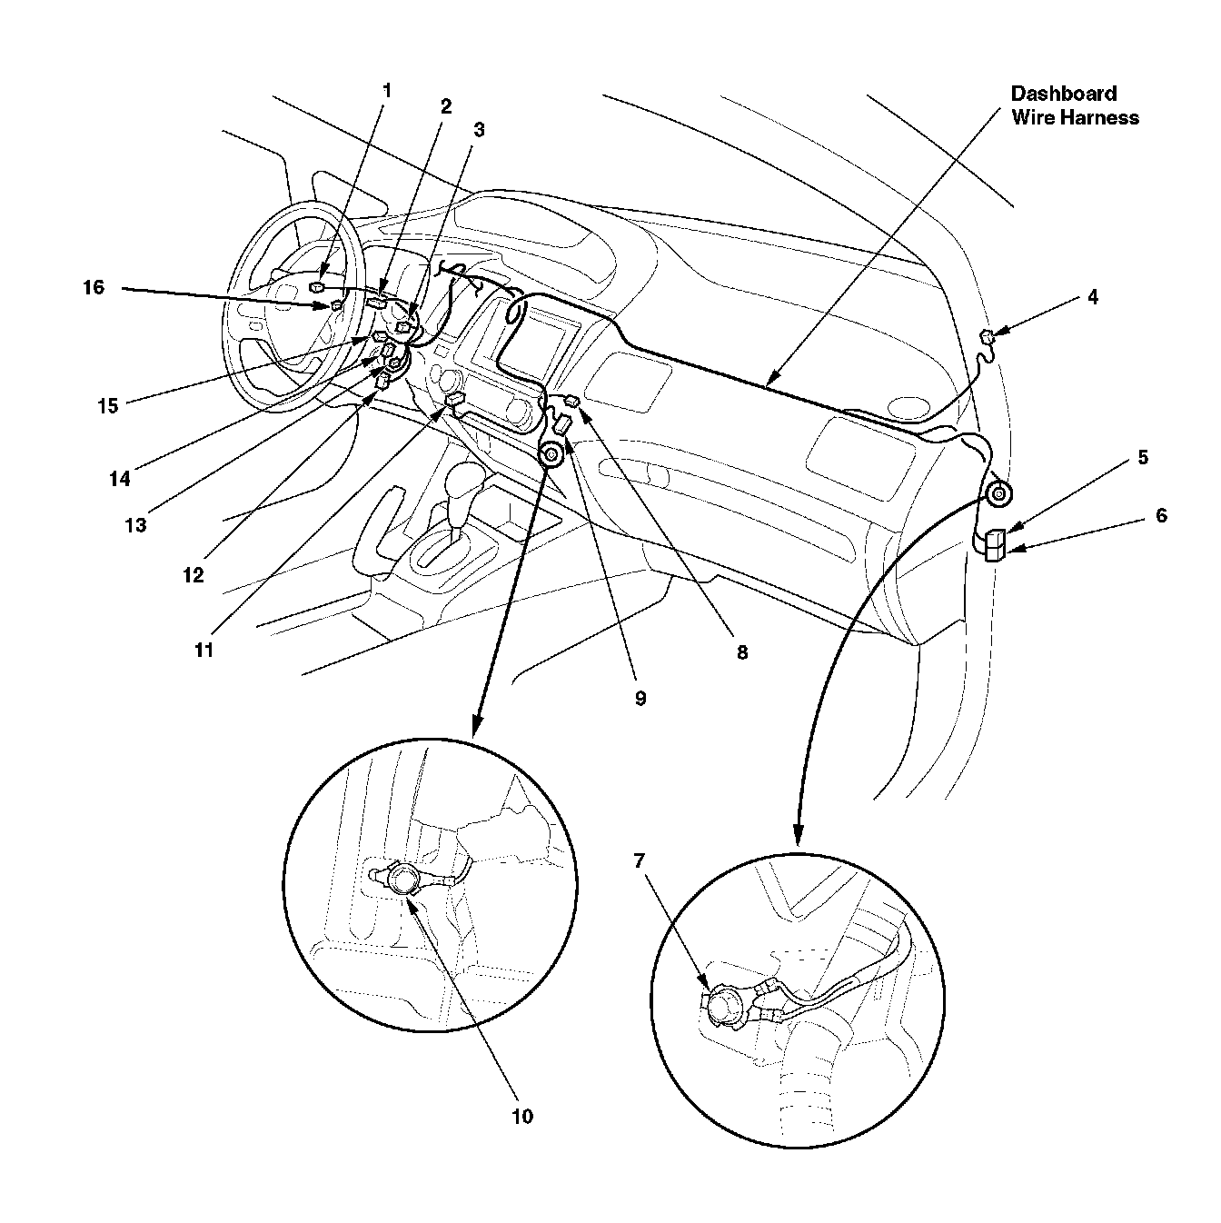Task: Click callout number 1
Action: pyautogui.click(x=387, y=90)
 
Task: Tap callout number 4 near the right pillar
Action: pyautogui.click(x=1093, y=297)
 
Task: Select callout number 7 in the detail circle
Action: pyautogui.click(x=641, y=859)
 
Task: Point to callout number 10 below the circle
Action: pyautogui.click(x=522, y=1116)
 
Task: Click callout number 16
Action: pyautogui.click(x=94, y=288)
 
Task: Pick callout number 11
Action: pyautogui.click(x=204, y=651)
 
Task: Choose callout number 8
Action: pyautogui.click(x=742, y=651)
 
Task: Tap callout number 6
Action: pyautogui.click(x=1161, y=515)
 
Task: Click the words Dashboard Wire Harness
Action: pyautogui.click(x=1075, y=105)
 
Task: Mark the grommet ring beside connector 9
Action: pyautogui.click(x=551, y=455)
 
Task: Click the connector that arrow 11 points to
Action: pyautogui.click(x=454, y=400)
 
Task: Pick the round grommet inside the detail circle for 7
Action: pyautogui.click(x=724, y=1005)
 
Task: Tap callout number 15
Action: pyautogui.click(x=108, y=406)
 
